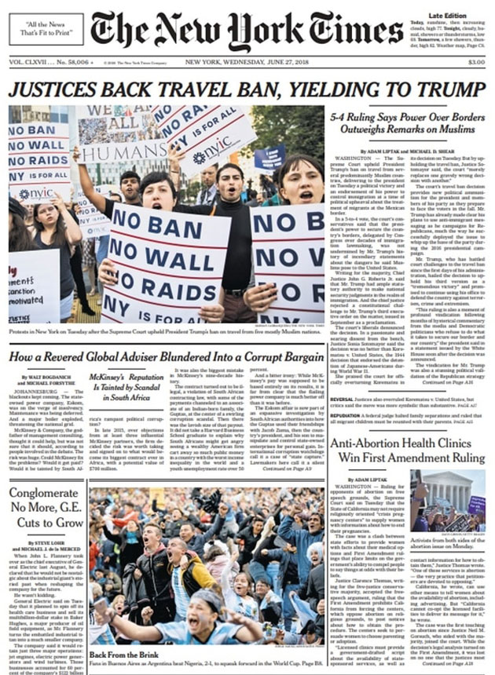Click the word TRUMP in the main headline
[x=436, y=89]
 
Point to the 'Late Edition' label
[x=446, y=15]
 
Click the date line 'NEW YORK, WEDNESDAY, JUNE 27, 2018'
[x=245, y=63]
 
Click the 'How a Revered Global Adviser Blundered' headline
[x=167, y=357]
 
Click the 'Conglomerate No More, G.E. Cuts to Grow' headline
[x=46, y=508]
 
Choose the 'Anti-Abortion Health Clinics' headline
[x=405, y=450]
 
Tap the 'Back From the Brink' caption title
[x=119, y=654]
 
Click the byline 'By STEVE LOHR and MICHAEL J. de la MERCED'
[x=46, y=546]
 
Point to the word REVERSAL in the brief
[x=343, y=398]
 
